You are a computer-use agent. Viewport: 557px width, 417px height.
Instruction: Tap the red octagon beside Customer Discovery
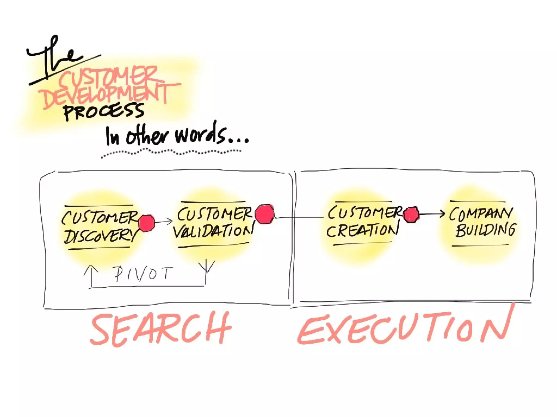click(147, 223)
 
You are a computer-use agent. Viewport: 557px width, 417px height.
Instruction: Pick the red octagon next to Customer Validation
click(265, 214)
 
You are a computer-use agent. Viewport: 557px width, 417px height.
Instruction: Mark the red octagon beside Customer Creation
click(411, 215)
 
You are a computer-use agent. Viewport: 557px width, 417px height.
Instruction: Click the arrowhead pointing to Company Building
click(442, 214)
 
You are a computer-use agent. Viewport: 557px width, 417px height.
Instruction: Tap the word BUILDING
click(485, 230)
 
